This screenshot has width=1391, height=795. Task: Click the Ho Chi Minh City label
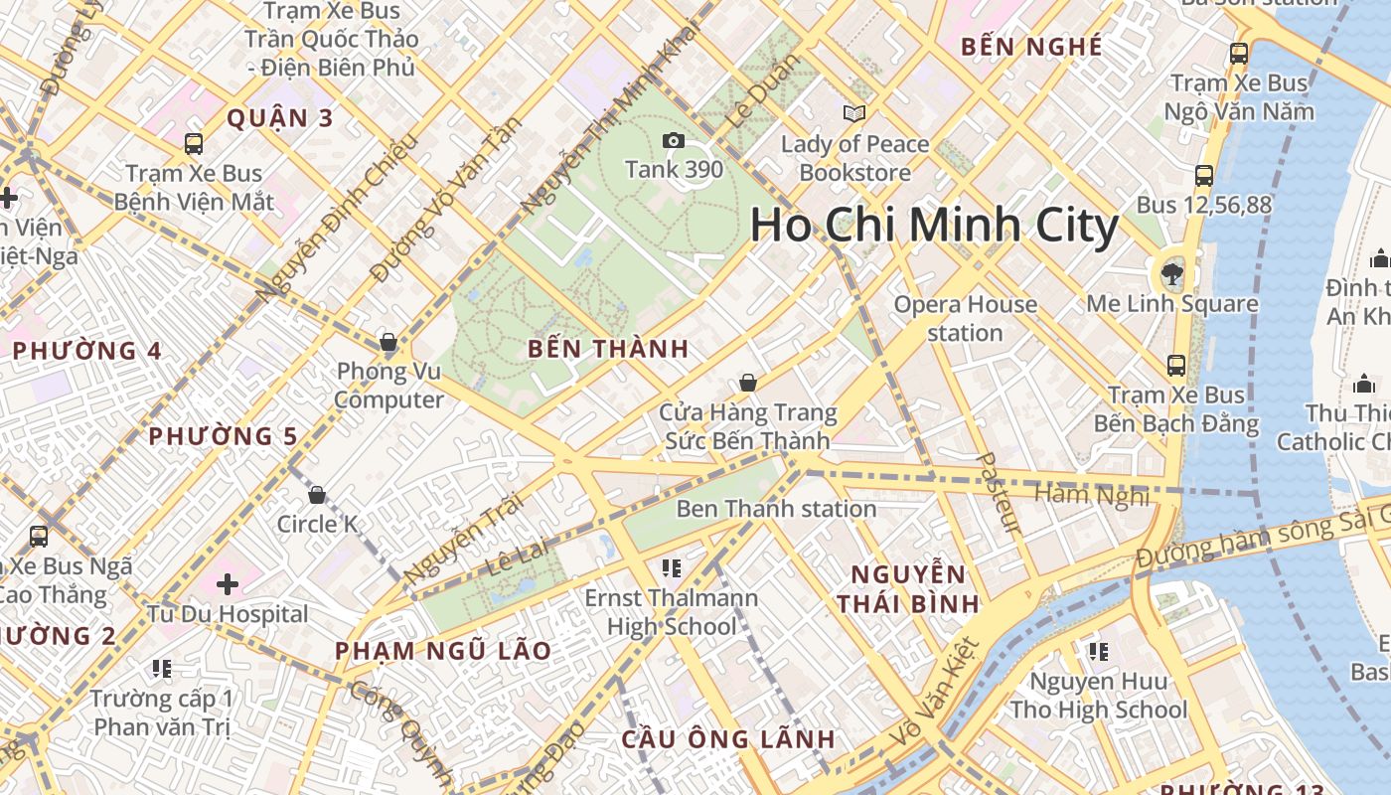coord(934,226)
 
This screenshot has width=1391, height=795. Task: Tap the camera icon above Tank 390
coord(674,141)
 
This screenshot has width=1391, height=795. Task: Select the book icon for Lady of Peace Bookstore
coord(854,113)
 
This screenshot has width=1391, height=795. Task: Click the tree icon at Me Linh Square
coord(1172,273)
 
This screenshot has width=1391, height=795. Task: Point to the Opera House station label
coord(965,318)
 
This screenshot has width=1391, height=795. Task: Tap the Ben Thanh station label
coord(776,509)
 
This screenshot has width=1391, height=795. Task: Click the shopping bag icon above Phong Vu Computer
coord(388,344)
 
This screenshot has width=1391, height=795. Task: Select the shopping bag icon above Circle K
coord(317,495)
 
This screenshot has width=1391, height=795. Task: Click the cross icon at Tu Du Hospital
coord(228,583)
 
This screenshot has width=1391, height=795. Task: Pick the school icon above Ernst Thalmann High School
coord(672,568)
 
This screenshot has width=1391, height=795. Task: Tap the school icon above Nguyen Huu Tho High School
coord(1098,652)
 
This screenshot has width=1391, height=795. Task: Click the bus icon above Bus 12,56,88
coord(1204,176)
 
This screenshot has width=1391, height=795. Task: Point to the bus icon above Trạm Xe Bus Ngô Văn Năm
coord(1238,54)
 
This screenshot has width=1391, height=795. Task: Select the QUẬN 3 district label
coord(280,118)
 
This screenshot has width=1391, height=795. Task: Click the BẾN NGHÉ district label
coord(1031,47)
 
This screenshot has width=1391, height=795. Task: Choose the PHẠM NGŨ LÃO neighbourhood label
coord(443,651)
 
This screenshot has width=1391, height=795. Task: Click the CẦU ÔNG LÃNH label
coord(728,739)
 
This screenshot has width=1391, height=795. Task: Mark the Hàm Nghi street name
coord(1091,493)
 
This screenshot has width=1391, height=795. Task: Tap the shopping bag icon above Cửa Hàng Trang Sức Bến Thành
coord(748,383)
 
